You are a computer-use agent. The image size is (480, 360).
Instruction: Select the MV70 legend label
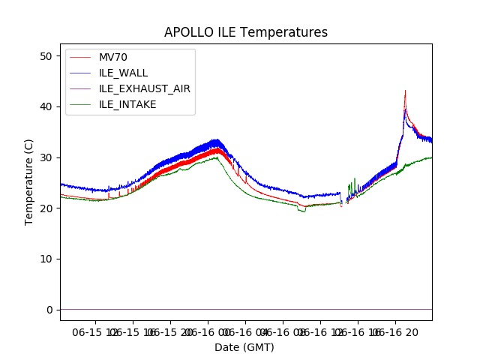point(113,58)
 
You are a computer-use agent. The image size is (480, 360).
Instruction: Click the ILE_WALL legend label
point(124,73)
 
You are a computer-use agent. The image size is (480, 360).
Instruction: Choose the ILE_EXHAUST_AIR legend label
point(145,88)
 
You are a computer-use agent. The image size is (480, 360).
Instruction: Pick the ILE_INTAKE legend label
point(127,104)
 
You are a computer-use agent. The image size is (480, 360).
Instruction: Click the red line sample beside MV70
point(81,58)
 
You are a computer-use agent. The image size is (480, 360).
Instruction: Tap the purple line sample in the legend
point(81,88)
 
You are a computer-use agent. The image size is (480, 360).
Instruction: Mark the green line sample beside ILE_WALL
point(81,73)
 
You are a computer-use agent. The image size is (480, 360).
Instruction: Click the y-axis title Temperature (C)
point(29,181)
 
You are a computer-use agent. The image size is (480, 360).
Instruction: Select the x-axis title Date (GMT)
point(244,347)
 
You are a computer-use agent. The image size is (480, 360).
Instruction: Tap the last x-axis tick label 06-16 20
point(396,331)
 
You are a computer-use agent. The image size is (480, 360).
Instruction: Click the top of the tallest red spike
point(405,91)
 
